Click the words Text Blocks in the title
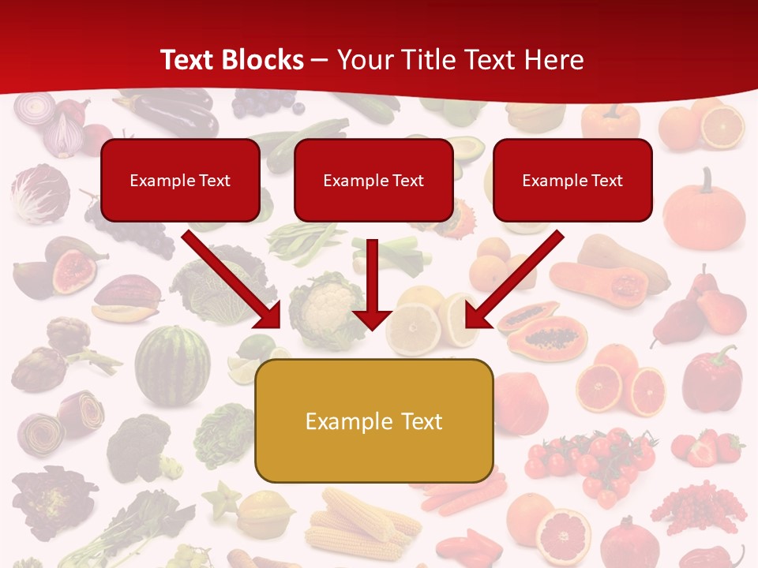231,60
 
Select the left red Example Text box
180,181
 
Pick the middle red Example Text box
373,181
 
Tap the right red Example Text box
572,181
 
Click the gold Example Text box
373,421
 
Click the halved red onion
66,135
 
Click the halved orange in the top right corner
722,126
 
